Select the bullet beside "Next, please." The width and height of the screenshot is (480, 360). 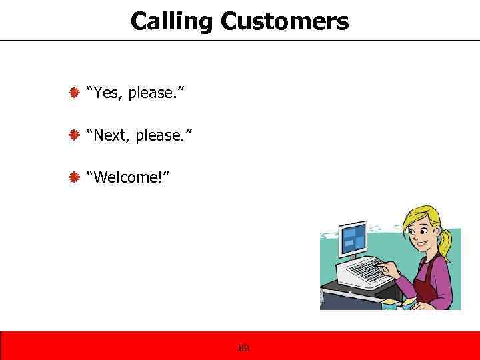[x=75, y=135]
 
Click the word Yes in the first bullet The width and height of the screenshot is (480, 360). [x=107, y=92]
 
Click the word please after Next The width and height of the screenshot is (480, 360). [x=163, y=136]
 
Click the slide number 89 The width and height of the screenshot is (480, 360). [x=243, y=348]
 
